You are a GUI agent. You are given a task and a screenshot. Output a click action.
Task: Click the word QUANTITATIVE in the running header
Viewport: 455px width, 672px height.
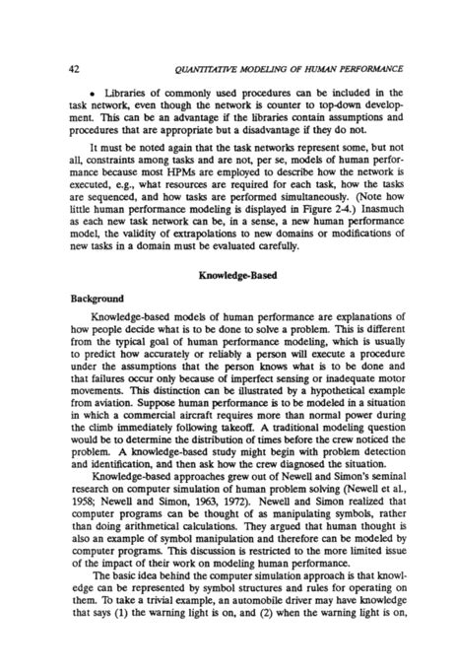[213, 40]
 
